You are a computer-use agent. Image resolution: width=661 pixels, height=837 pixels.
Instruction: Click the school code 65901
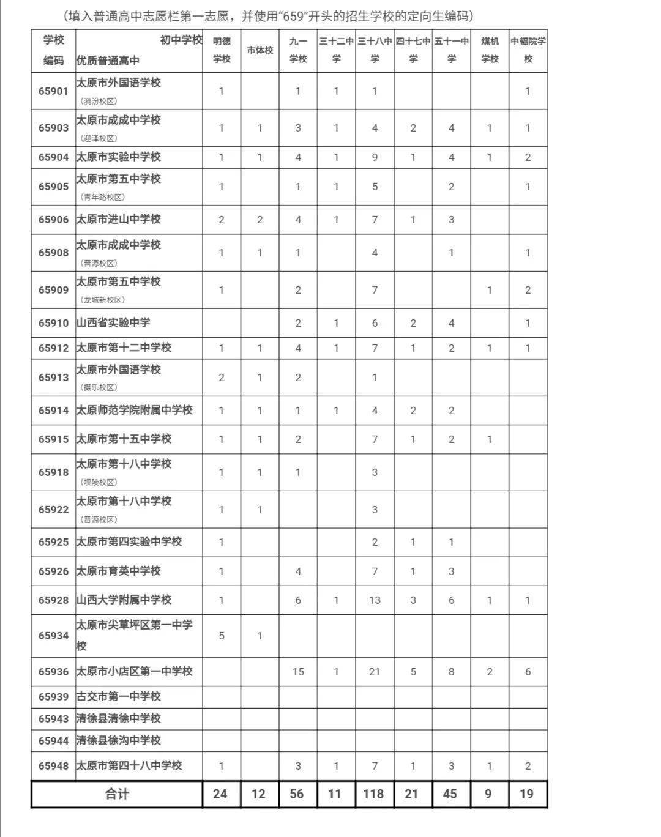pos(53,91)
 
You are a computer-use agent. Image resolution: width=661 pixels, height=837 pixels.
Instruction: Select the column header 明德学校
pos(222,50)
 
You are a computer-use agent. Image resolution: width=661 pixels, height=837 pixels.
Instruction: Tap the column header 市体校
pos(260,50)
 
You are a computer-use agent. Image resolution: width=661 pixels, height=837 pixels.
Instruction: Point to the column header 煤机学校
pos(490,50)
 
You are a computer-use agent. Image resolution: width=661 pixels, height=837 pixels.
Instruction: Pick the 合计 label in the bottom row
pos(117,794)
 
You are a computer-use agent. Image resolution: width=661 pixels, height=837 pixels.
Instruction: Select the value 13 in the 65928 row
pos(375,600)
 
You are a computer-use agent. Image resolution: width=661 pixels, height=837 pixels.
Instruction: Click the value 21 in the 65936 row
pos(375,672)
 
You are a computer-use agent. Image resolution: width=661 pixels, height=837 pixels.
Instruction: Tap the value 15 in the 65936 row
pos(298,672)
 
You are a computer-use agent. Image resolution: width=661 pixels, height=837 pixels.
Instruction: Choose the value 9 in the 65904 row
pos(375,157)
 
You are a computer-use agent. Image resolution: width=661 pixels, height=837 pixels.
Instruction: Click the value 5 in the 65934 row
pos(222,636)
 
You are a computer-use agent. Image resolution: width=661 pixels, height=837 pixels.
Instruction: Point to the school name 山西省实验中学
pos(113,322)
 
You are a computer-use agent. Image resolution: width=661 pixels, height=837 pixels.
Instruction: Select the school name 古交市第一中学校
pos(118,696)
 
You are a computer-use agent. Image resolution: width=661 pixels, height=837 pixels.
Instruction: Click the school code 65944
pos(53,741)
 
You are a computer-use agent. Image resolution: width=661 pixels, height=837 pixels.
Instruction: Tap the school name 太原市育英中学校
pos(118,571)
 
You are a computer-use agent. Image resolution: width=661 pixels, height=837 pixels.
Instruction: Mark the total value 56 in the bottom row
pos(297,794)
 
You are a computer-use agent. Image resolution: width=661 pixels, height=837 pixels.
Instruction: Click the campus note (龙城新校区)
pos(102,300)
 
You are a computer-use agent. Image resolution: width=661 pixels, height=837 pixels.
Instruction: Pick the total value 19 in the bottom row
pos(526,794)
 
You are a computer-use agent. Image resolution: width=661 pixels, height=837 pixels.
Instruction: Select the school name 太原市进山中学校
pos(118,219)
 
